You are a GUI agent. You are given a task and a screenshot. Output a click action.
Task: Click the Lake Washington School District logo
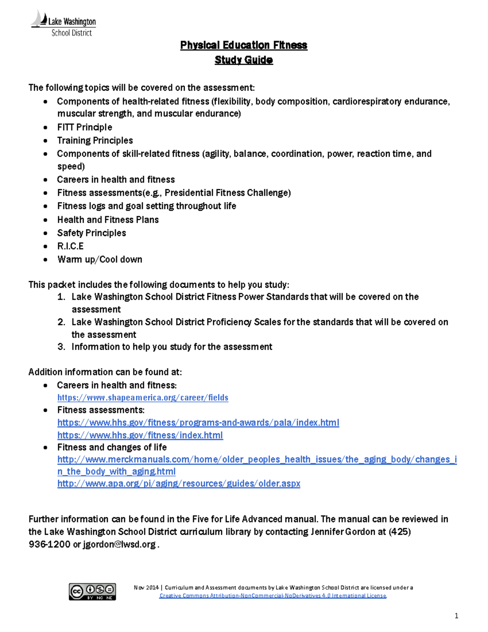(63, 24)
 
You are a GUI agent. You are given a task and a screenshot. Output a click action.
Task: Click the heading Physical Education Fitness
(244, 45)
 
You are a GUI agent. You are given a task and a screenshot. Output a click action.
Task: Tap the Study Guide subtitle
(244, 60)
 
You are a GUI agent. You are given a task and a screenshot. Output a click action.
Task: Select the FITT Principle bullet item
(85, 127)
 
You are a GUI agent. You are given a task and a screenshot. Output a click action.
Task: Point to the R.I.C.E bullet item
(70, 246)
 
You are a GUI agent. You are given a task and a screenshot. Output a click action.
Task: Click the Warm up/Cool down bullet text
(100, 260)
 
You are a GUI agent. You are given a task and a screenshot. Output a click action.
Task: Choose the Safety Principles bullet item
(91, 233)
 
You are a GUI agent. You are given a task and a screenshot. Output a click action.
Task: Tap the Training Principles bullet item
(95, 141)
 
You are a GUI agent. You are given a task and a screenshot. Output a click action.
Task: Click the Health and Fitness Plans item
(108, 220)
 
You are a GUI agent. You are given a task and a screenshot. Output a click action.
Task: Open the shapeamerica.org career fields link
(143, 398)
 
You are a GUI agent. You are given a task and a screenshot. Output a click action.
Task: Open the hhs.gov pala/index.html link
(198, 423)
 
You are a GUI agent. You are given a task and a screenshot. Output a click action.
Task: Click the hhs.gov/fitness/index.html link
(140, 435)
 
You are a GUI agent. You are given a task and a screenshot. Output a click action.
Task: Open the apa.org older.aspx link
(179, 483)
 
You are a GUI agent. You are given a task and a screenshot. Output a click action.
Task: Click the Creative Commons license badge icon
(92, 592)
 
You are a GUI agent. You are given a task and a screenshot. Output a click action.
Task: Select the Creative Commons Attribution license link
(272, 596)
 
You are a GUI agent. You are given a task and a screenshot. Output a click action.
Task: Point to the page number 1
(456, 616)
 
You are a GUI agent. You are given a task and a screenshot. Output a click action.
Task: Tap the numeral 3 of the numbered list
(61, 347)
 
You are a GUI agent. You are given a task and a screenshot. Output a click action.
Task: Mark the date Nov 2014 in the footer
(146, 588)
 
